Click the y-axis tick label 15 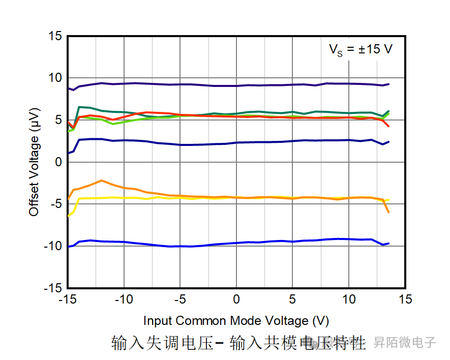55,36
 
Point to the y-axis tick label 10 55,78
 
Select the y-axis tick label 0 58,162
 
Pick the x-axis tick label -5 179,299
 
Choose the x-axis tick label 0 236,299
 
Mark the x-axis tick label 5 292,299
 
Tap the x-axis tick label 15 405,299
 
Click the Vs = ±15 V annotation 360,50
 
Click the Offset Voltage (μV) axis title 34,162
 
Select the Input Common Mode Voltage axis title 236,321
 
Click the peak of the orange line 102,181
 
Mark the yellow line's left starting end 69,216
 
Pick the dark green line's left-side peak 79,107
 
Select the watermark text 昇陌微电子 405,342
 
